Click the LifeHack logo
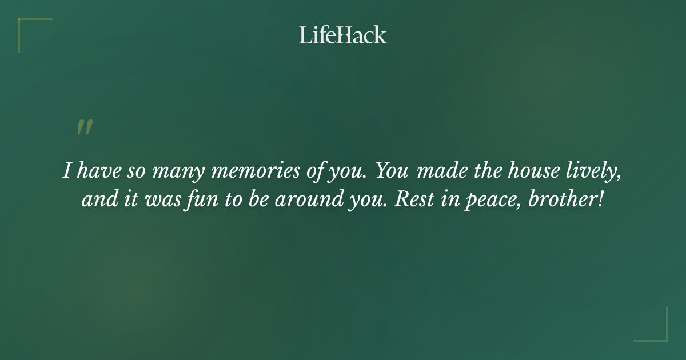click(x=343, y=35)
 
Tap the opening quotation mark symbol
click(x=85, y=127)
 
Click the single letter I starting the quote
click(x=67, y=171)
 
